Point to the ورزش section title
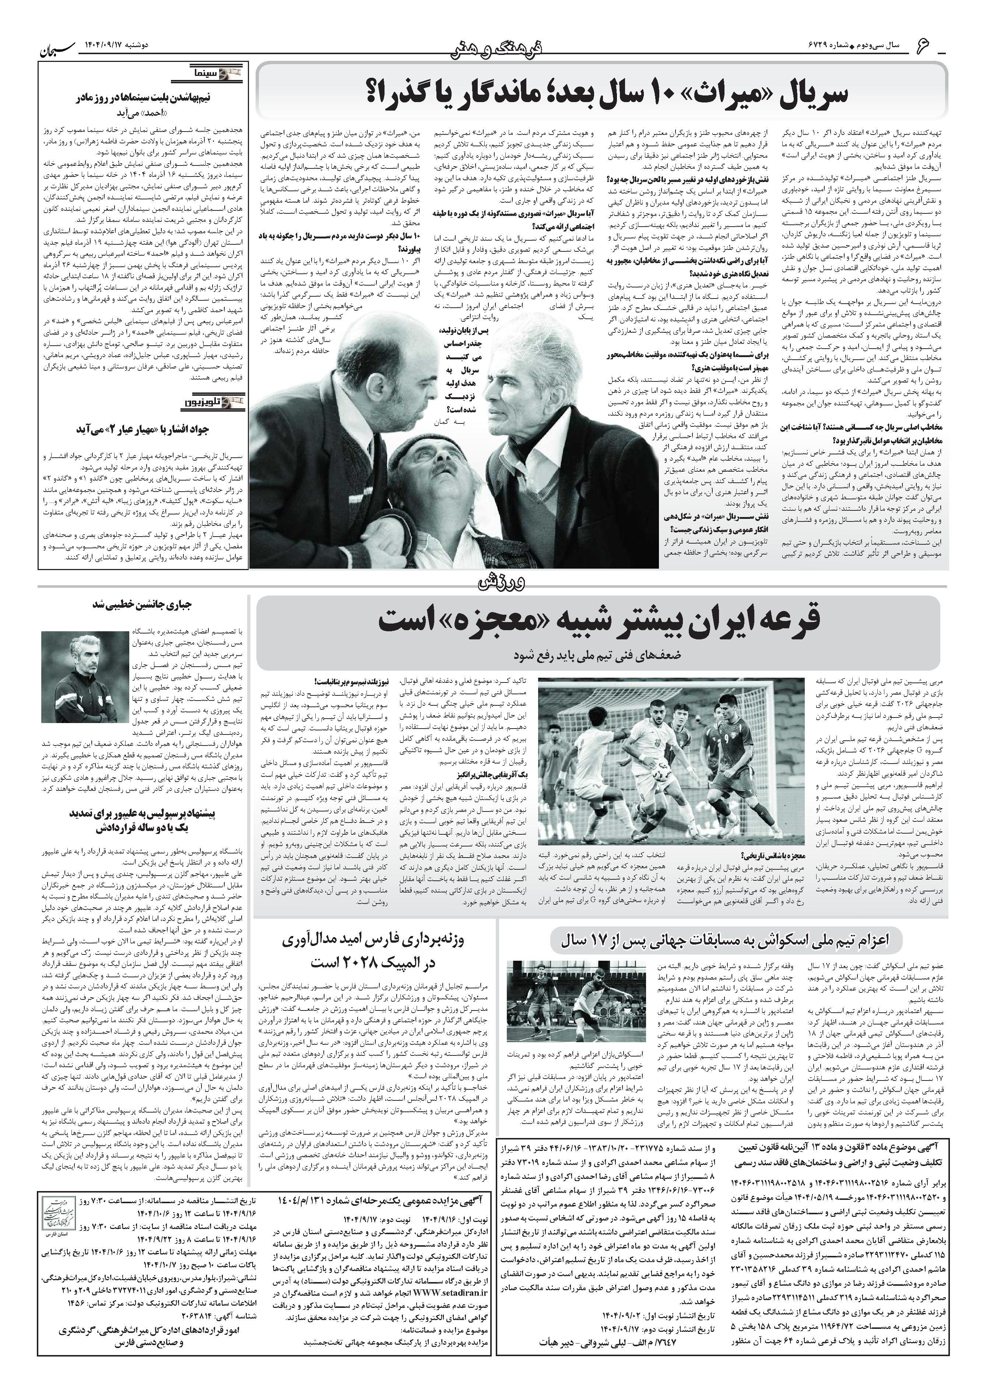tap(493, 583)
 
